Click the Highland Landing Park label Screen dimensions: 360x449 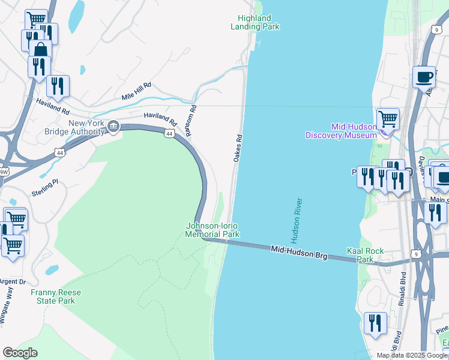[x=255, y=23]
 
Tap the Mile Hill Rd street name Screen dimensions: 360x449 [x=136, y=92]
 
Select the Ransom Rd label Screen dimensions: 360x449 [x=191, y=121]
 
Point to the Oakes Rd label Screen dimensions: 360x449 [x=238, y=147]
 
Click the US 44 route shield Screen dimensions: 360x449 [x=170, y=133]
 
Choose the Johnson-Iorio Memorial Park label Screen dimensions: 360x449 [x=212, y=230]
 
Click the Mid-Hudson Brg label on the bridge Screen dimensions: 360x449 [x=298, y=252]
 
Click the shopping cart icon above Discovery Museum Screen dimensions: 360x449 [x=388, y=118]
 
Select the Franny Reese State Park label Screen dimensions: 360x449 [x=56, y=296]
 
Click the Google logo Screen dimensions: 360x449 [x=20, y=353]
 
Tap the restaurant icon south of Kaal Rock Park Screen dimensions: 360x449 [x=375, y=323]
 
